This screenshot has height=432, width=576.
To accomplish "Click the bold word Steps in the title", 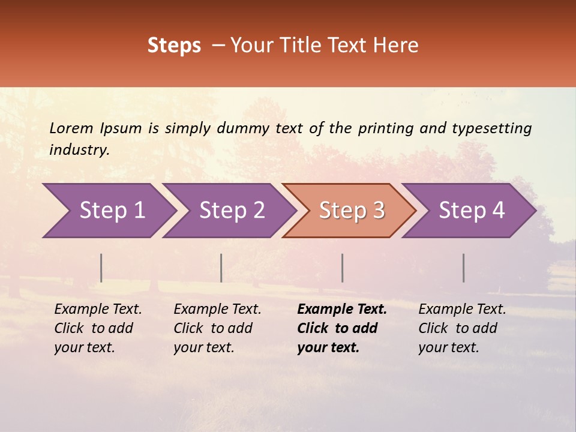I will [x=174, y=46].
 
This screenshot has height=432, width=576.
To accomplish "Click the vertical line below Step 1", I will [x=101, y=268].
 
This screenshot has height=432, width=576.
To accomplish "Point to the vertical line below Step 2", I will [x=221, y=268].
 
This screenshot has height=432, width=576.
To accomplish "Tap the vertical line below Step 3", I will [x=343, y=268].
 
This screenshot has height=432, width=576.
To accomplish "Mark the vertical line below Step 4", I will [x=464, y=268].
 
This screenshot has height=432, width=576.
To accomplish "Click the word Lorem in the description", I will [x=71, y=128].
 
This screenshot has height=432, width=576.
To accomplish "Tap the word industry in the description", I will [x=79, y=150].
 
